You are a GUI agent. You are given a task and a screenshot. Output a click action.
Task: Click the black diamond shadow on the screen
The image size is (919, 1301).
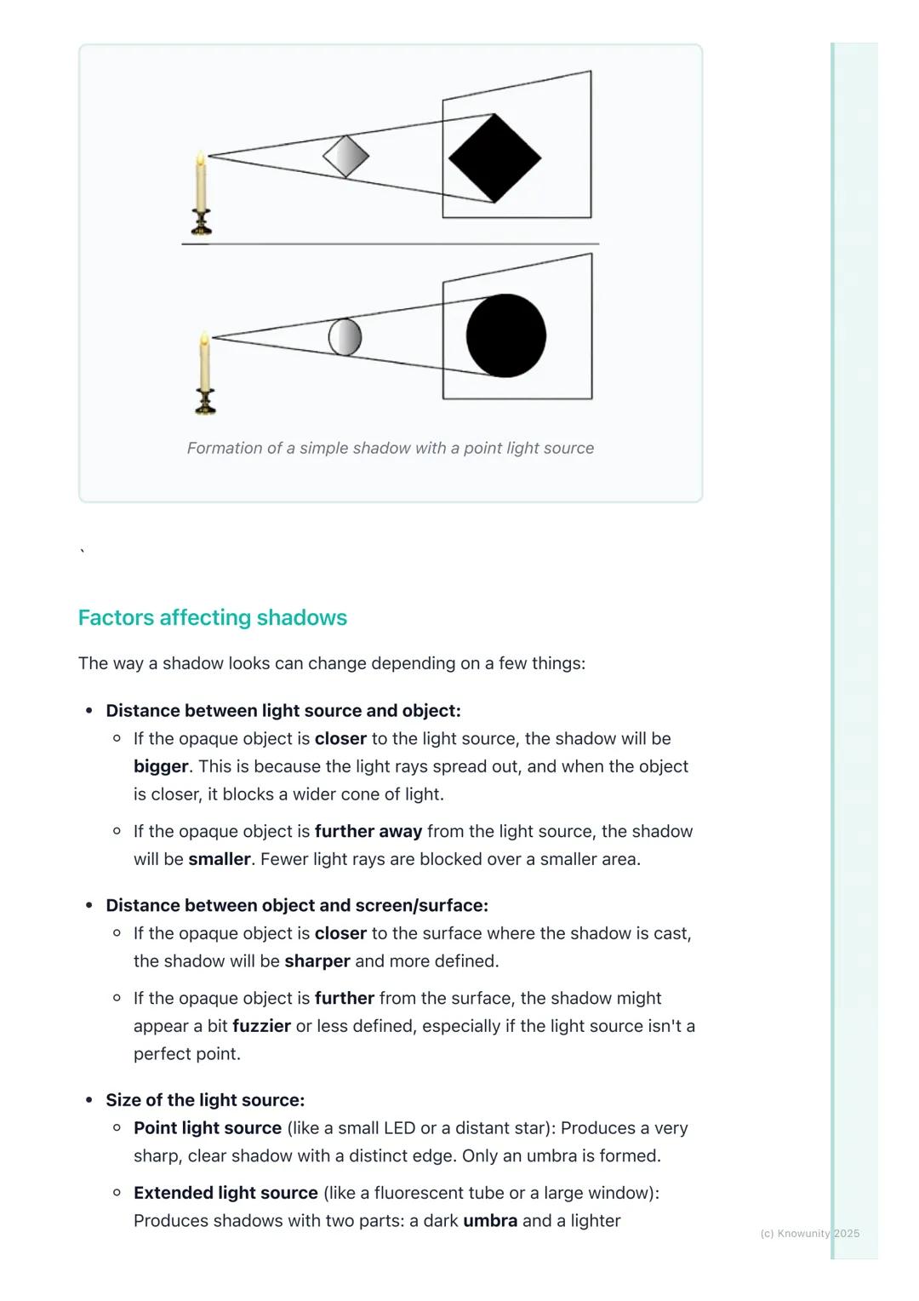coord(494,158)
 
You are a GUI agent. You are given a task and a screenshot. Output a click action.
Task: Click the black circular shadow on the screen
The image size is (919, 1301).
coord(506,335)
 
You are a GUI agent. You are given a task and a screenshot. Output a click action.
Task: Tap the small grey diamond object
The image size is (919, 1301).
coord(346,157)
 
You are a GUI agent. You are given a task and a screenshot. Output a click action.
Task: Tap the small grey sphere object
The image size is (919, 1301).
coord(345,336)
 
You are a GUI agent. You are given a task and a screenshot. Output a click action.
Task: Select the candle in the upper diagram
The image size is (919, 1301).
coord(201,192)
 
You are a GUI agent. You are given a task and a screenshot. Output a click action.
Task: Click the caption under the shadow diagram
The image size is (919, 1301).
coord(391,448)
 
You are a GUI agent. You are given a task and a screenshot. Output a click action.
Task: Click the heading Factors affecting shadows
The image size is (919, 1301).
coord(213,617)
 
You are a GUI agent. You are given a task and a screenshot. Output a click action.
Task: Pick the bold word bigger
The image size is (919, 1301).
coord(161,766)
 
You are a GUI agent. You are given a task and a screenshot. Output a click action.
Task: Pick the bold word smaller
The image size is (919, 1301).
coord(219,859)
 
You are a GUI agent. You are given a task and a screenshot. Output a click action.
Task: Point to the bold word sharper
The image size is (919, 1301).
coord(317,961)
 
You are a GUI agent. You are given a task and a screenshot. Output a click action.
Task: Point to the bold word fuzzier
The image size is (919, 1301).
coord(261,1026)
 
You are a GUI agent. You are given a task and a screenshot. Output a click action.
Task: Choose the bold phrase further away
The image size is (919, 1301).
coord(368,831)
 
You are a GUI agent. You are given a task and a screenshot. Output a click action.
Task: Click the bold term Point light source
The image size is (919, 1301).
coord(208,1128)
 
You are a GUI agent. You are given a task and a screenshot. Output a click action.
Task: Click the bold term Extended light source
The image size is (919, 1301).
coord(225,1193)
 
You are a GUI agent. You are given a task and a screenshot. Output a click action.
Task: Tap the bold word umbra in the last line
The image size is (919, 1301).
coord(490,1221)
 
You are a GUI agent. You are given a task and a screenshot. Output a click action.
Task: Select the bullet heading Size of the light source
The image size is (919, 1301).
coord(205,1100)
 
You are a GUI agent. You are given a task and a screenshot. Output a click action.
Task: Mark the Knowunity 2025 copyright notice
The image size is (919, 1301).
coord(809,1233)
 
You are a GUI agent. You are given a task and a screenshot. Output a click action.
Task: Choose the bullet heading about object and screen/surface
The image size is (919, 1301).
coord(297,905)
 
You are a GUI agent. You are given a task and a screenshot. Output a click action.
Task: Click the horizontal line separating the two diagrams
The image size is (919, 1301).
coord(391,244)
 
